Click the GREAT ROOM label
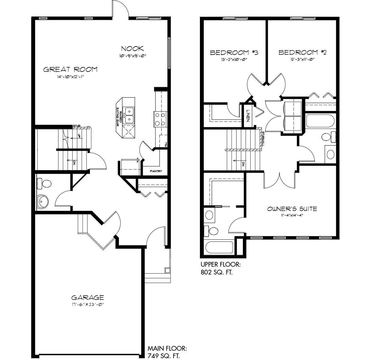pos(70,70)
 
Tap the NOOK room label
pos(132,48)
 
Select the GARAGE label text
pos(87,298)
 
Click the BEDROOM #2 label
pos(302,52)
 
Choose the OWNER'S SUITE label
pos(292,209)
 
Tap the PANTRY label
pos(156,171)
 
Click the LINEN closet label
pos(248,115)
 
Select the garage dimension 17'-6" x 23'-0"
pos(87,304)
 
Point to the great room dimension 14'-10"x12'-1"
pos(70,77)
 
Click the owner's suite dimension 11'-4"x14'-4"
pos(292,215)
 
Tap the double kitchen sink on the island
pos(130,115)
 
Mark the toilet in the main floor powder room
pos(44,183)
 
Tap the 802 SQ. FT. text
pos(216,272)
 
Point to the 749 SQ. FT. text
pos(164,356)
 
